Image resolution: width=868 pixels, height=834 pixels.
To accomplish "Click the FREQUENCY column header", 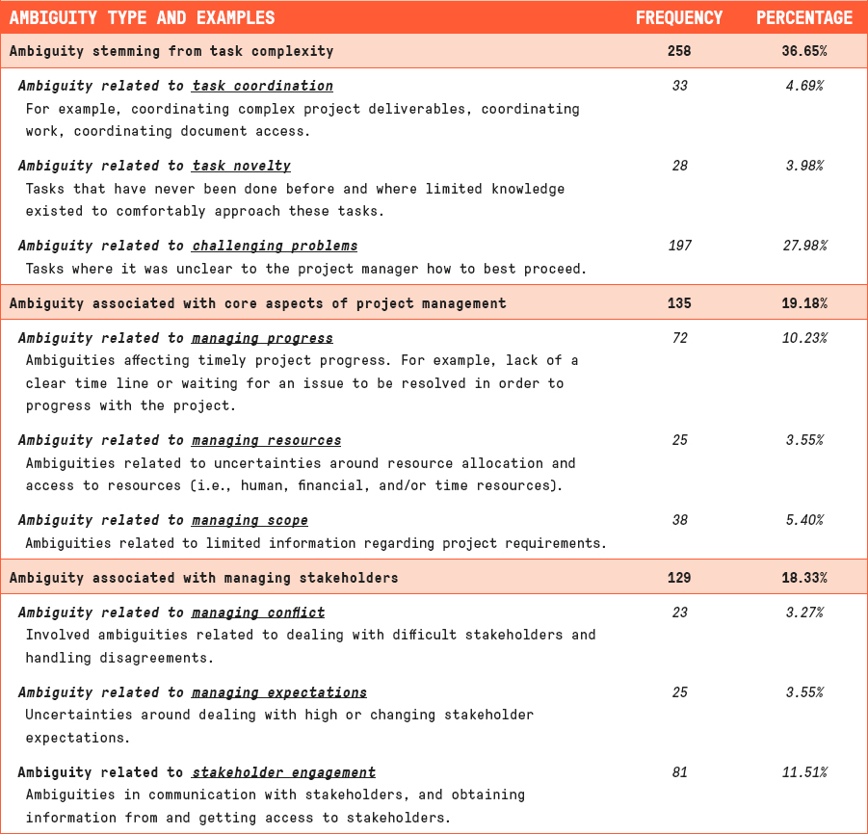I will coord(678,17).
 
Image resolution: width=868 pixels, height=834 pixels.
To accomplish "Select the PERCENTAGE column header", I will coord(803,17).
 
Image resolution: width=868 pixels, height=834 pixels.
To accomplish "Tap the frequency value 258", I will coord(678,51).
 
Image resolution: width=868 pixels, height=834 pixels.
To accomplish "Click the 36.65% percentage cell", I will coord(803,51).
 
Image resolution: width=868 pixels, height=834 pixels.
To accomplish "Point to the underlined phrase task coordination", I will coord(262,86).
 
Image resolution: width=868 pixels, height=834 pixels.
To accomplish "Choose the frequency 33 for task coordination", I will coord(679,86).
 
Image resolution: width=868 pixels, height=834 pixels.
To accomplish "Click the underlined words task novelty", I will coord(241,166).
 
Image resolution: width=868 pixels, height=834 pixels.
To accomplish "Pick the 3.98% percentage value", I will coord(803,166).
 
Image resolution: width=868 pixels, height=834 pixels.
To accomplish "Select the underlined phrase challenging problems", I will coord(275,246).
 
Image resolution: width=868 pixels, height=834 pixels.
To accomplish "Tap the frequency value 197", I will coord(679,246).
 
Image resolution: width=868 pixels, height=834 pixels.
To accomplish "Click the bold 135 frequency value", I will coord(678,303).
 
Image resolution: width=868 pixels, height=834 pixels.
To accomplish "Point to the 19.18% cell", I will coord(803,303).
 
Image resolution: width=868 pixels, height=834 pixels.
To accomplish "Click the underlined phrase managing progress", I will coord(262,338).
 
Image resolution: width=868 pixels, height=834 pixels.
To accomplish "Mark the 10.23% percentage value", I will coord(803,338).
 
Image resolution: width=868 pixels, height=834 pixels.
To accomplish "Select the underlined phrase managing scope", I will coord(250,520).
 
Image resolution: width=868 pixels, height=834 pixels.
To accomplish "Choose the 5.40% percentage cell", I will coord(803,520).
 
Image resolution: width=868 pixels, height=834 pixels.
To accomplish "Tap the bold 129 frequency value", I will coord(678,578).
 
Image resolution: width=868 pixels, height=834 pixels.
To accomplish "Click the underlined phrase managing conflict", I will coord(258,612).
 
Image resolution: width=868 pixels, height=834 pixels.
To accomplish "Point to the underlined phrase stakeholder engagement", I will coord(283,772).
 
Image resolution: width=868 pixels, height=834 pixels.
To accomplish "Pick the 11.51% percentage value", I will coord(803,772).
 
